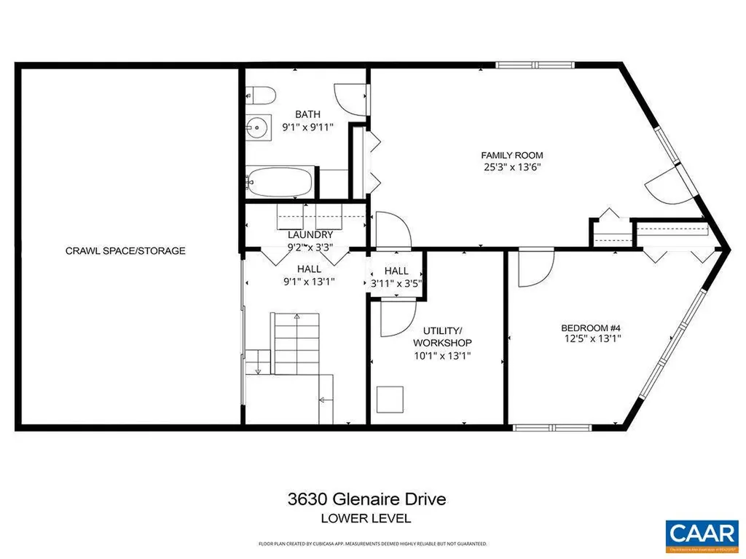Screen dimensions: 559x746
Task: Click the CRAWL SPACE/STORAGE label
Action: pyautogui.click(x=125, y=250)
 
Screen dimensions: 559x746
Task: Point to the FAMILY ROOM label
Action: pyautogui.click(x=511, y=155)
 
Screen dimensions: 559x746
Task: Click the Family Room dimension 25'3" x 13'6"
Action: pyautogui.click(x=511, y=167)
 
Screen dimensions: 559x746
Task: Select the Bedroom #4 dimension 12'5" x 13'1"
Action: pyautogui.click(x=591, y=338)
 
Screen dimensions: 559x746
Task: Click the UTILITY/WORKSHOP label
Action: pyautogui.click(x=442, y=336)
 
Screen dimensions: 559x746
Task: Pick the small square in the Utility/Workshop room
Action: pyautogui.click(x=390, y=399)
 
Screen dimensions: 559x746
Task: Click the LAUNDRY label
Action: pyautogui.click(x=310, y=234)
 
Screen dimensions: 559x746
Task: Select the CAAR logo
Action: pyautogui.click(x=702, y=533)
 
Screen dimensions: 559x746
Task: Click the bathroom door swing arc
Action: pyautogui.click(x=348, y=98)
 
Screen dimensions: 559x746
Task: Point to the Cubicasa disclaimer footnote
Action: pyautogui.click(x=372, y=544)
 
